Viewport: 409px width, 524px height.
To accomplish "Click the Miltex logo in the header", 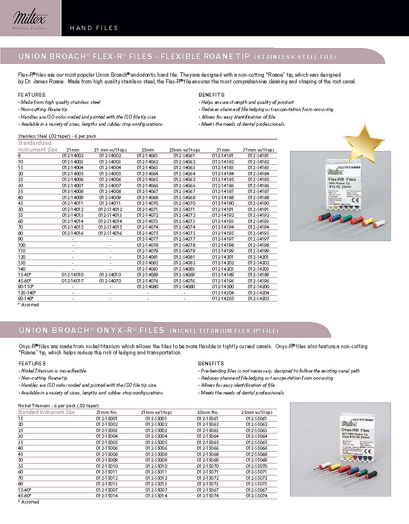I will (x=30, y=20).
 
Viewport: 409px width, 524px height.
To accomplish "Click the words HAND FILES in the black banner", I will (x=94, y=28).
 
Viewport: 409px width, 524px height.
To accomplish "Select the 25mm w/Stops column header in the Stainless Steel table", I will (x=184, y=150).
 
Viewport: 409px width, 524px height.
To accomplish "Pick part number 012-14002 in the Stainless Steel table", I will (x=73, y=156).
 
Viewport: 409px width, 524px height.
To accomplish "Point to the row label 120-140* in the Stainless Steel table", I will (x=26, y=292).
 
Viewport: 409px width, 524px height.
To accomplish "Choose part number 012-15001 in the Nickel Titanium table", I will (x=107, y=418).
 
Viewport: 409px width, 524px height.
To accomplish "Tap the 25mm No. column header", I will (x=208, y=412).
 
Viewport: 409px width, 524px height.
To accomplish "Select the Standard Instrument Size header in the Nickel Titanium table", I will (x=46, y=412).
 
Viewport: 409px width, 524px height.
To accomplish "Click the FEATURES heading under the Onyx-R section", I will (x=32, y=363).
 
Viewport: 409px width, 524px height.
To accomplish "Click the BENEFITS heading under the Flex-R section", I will (x=211, y=95).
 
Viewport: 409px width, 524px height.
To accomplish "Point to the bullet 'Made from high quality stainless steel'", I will (x=60, y=102).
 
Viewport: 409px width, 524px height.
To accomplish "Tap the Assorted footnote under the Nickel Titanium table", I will (x=29, y=502).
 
